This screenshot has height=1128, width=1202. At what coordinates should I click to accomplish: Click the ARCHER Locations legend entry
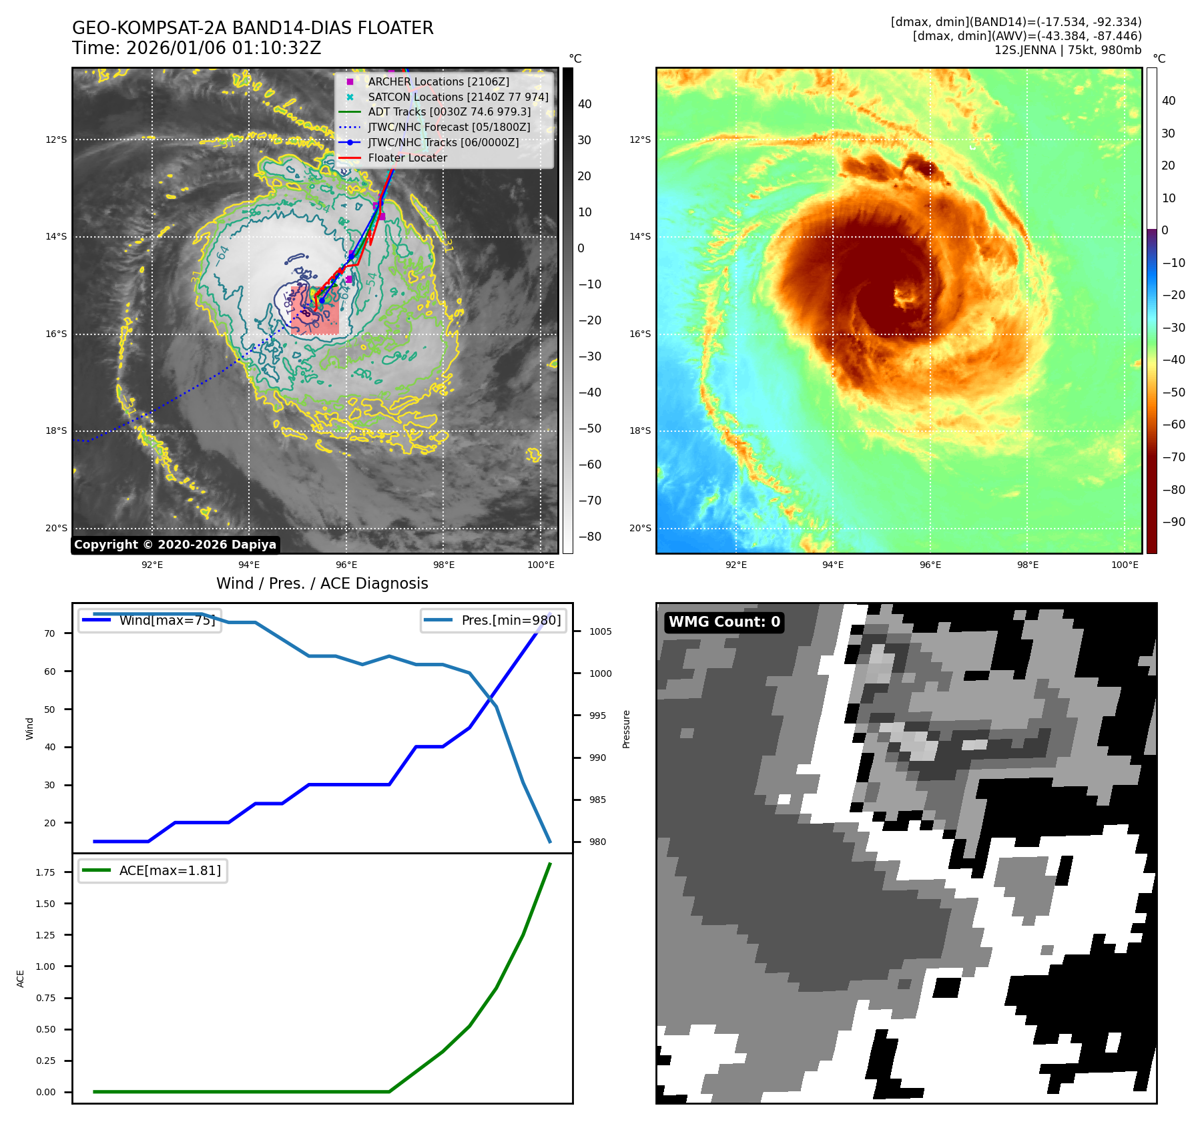point(438,81)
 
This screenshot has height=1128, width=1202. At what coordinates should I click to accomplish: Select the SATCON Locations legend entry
point(458,97)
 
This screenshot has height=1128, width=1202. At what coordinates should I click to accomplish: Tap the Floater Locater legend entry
point(407,158)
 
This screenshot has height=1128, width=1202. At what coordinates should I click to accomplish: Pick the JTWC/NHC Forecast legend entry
point(448,127)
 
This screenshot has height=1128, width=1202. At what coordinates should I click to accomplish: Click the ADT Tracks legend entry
point(449,111)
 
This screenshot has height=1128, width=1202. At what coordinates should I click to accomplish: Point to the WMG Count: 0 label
point(724,622)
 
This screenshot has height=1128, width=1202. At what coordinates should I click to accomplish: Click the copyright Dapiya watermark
point(175,545)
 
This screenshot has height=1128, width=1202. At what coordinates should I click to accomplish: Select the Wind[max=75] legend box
point(150,620)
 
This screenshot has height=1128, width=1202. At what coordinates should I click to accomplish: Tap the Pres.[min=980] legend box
point(494,620)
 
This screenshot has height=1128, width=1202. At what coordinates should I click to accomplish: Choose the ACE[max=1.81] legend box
point(153,870)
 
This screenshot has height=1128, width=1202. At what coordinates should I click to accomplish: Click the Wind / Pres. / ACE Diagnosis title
point(322,583)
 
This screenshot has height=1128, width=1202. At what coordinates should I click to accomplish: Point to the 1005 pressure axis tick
point(600,631)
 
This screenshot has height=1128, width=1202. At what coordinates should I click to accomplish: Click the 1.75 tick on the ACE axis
point(45,872)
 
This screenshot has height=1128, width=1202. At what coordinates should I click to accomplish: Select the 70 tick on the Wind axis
point(49,633)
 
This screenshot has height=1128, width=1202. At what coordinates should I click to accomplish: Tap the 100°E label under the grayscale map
point(541,565)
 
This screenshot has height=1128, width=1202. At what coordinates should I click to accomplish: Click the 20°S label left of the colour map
point(640,528)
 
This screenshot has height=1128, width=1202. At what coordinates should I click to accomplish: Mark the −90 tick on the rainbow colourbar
point(1173,522)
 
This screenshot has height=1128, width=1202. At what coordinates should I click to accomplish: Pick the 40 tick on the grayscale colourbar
point(585,104)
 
